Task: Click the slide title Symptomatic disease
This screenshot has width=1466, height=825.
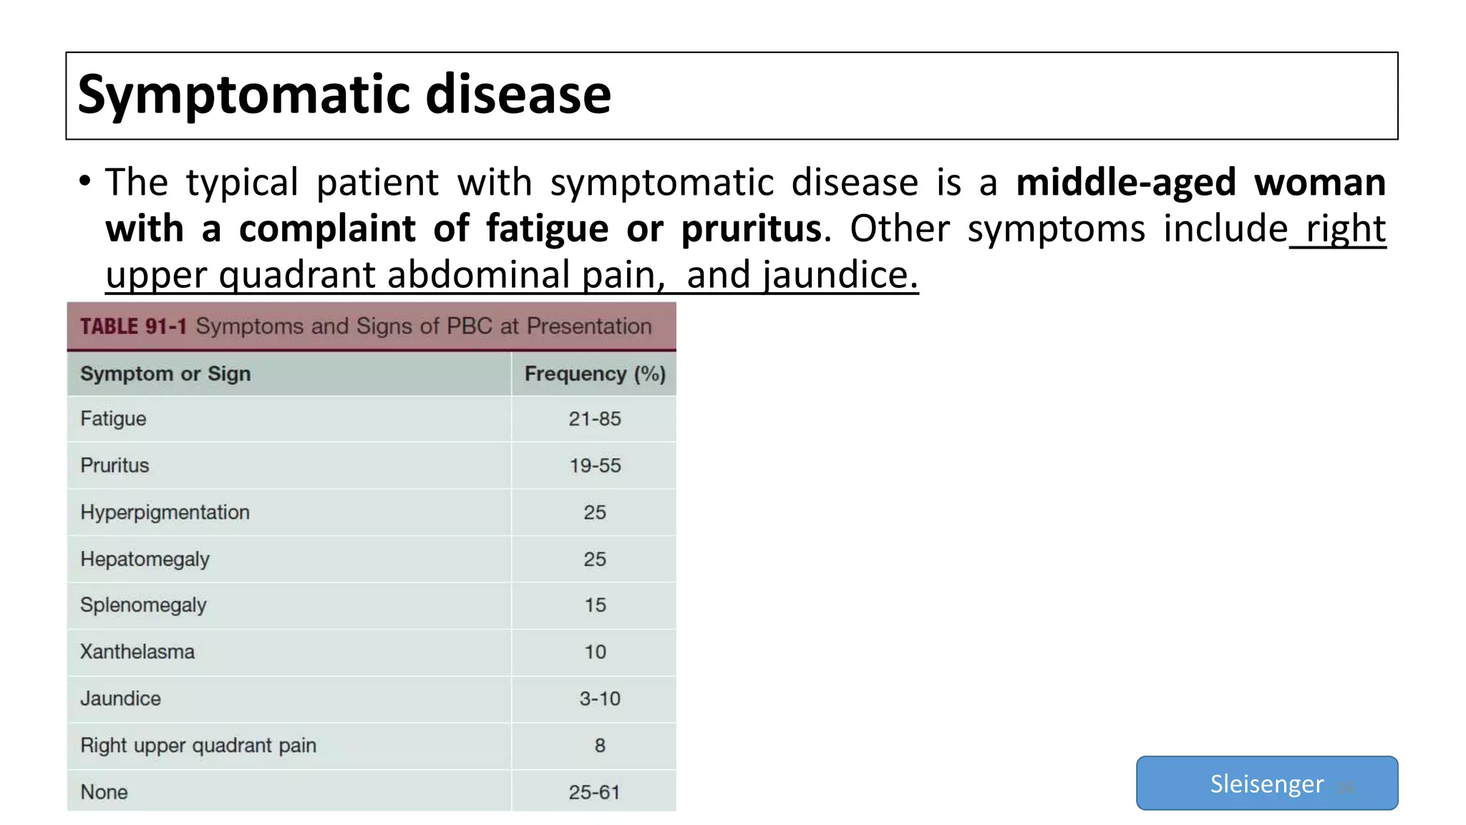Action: [344, 95]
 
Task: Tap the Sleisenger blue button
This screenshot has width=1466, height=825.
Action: [1266, 783]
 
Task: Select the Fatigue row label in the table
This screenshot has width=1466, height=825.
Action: [113, 419]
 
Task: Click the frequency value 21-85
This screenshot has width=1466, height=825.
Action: [594, 419]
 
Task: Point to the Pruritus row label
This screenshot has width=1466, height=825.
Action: [115, 465]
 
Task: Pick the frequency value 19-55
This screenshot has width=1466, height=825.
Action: [595, 465]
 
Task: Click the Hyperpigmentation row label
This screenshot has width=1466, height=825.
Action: [165, 513]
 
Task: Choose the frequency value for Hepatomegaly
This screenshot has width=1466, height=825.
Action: [594, 559]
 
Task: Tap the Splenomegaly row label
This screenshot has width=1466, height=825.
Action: [143, 605]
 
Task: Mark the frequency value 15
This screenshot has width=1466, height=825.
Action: [595, 605]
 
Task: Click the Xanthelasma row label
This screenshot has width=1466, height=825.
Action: [137, 652]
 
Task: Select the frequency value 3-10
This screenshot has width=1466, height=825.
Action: [599, 698]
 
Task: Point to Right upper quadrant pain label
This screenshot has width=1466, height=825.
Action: [198, 746]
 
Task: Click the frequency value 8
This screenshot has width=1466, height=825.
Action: [600, 746]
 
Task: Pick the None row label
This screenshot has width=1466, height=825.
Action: [104, 792]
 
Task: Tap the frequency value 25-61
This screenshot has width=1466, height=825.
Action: [594, 792]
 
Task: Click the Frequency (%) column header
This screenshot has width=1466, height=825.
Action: [595, 374]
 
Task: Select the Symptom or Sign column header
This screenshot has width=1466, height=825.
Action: [165, 374]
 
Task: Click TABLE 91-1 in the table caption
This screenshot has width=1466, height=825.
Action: [133, 327]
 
